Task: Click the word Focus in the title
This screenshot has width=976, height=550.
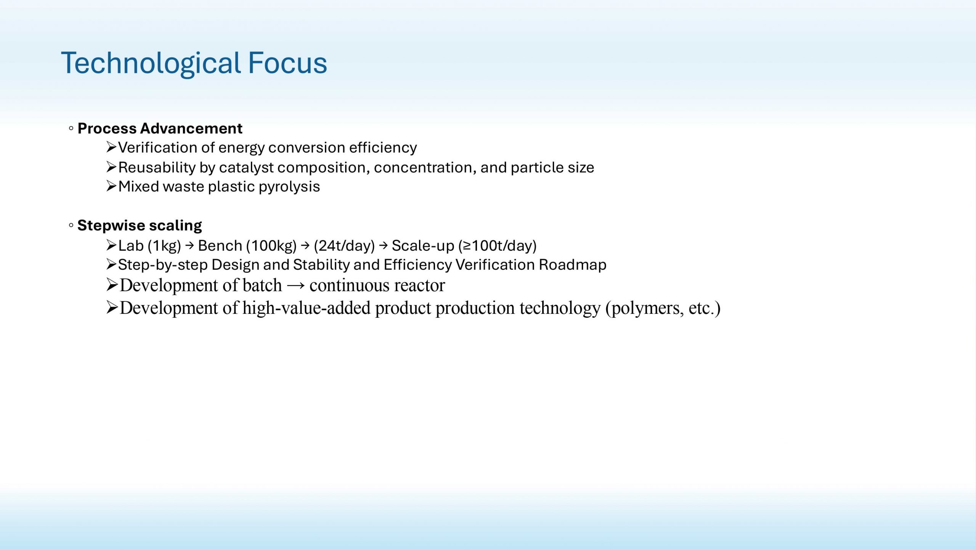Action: tap(287, 63)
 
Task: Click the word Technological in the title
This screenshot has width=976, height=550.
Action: tap(151, 64)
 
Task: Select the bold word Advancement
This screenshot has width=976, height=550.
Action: tap(191, 129)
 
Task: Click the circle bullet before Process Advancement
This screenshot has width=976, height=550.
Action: tap(71, 129)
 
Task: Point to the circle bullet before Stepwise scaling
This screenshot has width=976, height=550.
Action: tap(71, 225)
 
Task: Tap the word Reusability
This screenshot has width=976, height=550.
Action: tap(157, 168)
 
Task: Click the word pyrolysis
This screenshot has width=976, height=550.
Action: tap(289, 187)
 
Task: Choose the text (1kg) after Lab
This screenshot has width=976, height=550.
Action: tap(164, 246)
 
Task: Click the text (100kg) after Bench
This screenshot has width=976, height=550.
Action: tap(271, 246)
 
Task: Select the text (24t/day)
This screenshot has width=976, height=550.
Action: tap(344, 246)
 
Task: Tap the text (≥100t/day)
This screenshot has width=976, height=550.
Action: tap(498, 246)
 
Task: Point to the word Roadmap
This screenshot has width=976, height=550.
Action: tap(573, 265)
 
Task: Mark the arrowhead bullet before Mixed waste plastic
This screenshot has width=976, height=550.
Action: tap(111, 186)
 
